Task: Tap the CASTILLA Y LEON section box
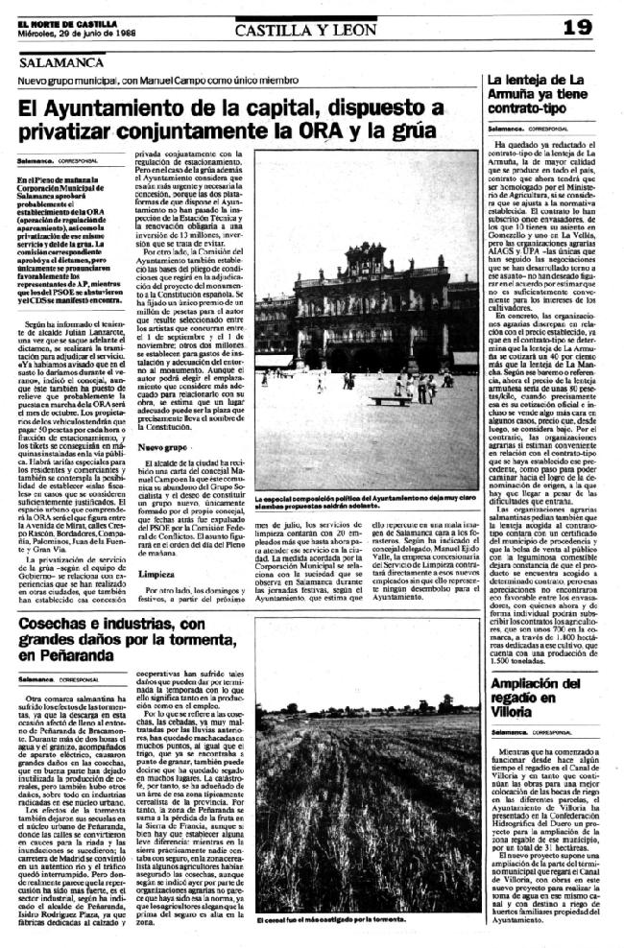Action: [x=305, y=29]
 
